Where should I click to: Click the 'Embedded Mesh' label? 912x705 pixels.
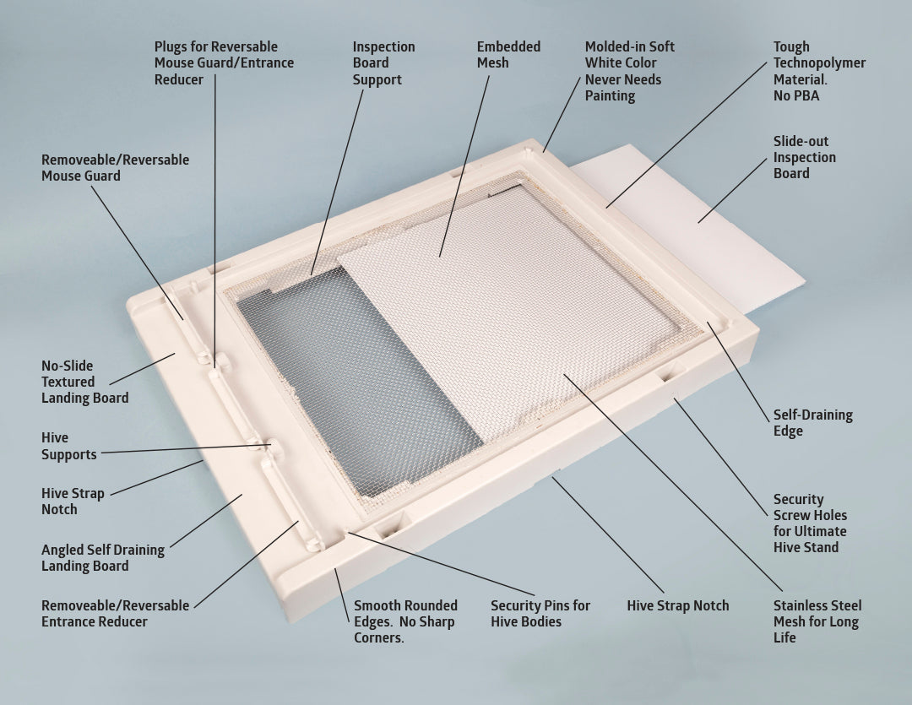(508, 55)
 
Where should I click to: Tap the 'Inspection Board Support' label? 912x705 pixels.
(383, 63)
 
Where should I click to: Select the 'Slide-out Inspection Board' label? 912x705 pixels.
(805, 157)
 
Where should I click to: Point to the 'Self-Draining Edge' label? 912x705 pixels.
(812, 423)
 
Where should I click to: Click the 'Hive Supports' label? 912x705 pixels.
(68, 446)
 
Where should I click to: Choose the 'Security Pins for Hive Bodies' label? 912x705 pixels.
(540, 614)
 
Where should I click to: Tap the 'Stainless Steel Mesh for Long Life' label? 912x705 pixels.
(817, 621)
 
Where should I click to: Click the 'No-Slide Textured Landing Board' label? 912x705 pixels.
(84, 382)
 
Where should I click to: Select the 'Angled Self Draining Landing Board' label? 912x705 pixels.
(102, 558)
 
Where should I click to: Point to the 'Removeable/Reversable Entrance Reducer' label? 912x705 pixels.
(115, 614)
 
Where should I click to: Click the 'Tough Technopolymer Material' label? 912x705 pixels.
(819, 72)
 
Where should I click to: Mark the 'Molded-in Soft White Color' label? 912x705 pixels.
(629, 71)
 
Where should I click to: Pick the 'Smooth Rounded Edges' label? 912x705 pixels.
(405, 621)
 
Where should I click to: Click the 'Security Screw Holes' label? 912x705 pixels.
(810, 523)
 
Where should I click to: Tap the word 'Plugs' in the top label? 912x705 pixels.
(172, 46)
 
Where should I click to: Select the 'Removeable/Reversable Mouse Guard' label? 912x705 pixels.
(115, 167)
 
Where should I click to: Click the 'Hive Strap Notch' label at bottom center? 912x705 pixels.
(677, 605)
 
